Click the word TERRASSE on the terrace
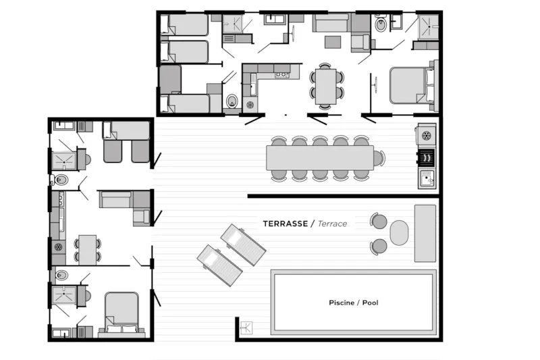tap(285, 224)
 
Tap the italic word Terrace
tap(333, 224)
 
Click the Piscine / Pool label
tap(353, 303)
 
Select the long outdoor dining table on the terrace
tap(319, 158)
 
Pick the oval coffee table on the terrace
tap(399, 233)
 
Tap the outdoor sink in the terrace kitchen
tap(426, 178)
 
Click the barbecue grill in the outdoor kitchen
tap(426, 157)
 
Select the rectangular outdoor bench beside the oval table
tap(425, 233)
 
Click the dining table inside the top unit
tap(325, 86)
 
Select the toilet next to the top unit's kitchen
tap(232, 101)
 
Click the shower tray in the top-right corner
tap(427, 26)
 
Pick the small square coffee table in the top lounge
tap(333, 42)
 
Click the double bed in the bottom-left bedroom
tap(122, 312)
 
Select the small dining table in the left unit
tap(86, 249)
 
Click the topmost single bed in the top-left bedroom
tap(185, 25)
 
